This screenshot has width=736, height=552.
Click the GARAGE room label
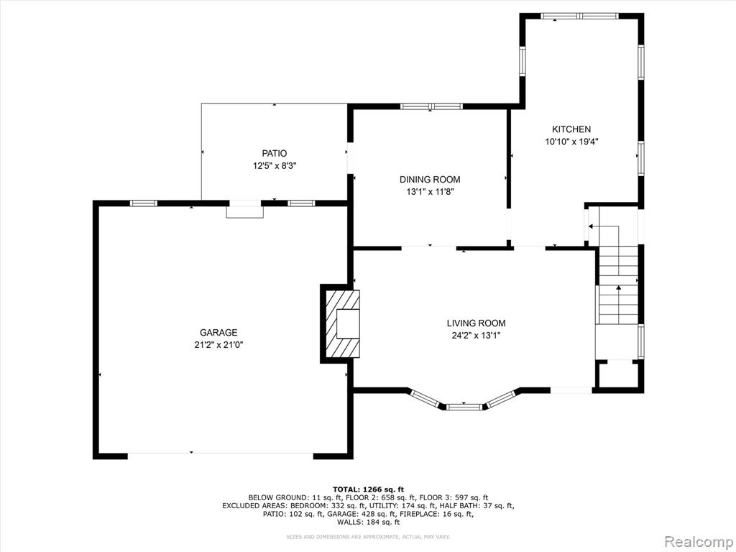(218, 333)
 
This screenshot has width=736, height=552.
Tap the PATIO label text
(274, 154)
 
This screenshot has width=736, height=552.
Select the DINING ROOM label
(430, 179)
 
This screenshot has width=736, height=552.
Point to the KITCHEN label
(571, 129)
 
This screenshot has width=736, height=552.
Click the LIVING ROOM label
(476, 323)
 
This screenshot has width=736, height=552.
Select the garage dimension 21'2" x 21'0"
(218, 345)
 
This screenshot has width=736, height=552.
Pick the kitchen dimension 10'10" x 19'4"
(571, 142)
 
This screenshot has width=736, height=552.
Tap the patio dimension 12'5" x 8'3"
(274, 166)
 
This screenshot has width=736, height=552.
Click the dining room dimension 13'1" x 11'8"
(430, 191)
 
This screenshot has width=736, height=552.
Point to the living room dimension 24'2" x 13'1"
(476, 335)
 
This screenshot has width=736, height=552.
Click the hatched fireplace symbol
(343, 324)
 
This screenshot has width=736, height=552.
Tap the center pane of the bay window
(464, 407)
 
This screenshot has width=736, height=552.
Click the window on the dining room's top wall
(431, 106)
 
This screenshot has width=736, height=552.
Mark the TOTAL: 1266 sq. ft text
(368, 489)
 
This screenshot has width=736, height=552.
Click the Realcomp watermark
(699, 542)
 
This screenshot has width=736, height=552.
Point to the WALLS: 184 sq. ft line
(369, 522)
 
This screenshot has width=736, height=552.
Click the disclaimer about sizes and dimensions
(368, 536)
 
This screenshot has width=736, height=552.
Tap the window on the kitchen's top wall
(580, 16)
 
